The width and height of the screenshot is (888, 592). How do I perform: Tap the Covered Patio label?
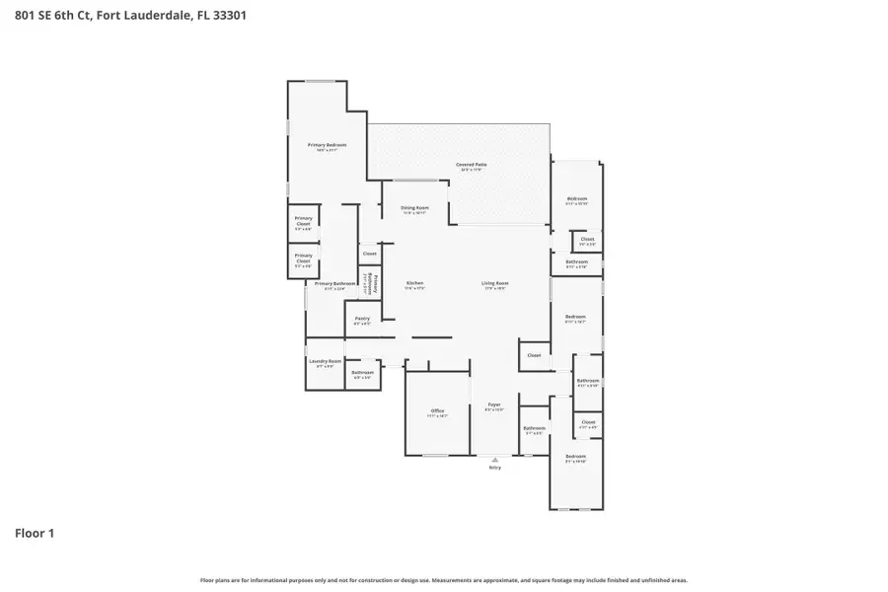tap(472, 165)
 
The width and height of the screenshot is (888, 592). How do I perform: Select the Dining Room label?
tap(414, 207)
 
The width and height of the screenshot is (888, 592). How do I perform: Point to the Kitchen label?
tap(415, 283)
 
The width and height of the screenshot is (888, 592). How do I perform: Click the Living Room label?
tap(494, 283)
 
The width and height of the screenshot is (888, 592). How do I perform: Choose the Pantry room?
tap(362, 319)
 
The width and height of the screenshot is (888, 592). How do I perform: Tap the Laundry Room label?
tap(325, 361)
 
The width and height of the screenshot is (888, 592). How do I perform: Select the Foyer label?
tap(494, 406)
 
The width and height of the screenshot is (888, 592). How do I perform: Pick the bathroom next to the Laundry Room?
tap(362, 373)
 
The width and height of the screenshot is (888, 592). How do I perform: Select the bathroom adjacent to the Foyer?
tap(534, 429)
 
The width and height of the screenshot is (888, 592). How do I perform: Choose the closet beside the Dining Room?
tap(369, 254)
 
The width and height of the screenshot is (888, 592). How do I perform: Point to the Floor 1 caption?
tap(35, 533)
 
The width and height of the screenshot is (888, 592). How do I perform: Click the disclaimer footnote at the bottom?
tap(444, 580)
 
